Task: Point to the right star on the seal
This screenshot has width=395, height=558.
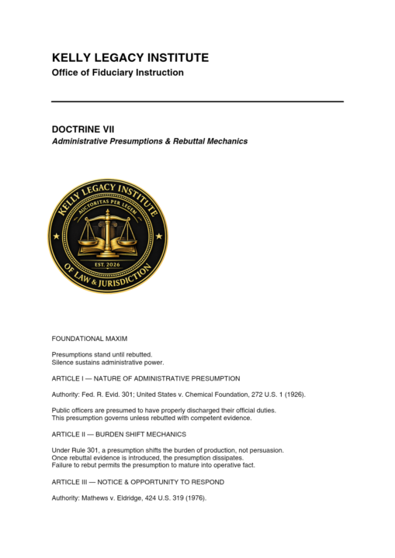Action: [160, 235]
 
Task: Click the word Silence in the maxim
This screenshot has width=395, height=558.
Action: [63, 362]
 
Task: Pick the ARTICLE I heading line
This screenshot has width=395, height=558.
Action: [145, 378]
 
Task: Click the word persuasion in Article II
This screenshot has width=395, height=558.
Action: [262, 449]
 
